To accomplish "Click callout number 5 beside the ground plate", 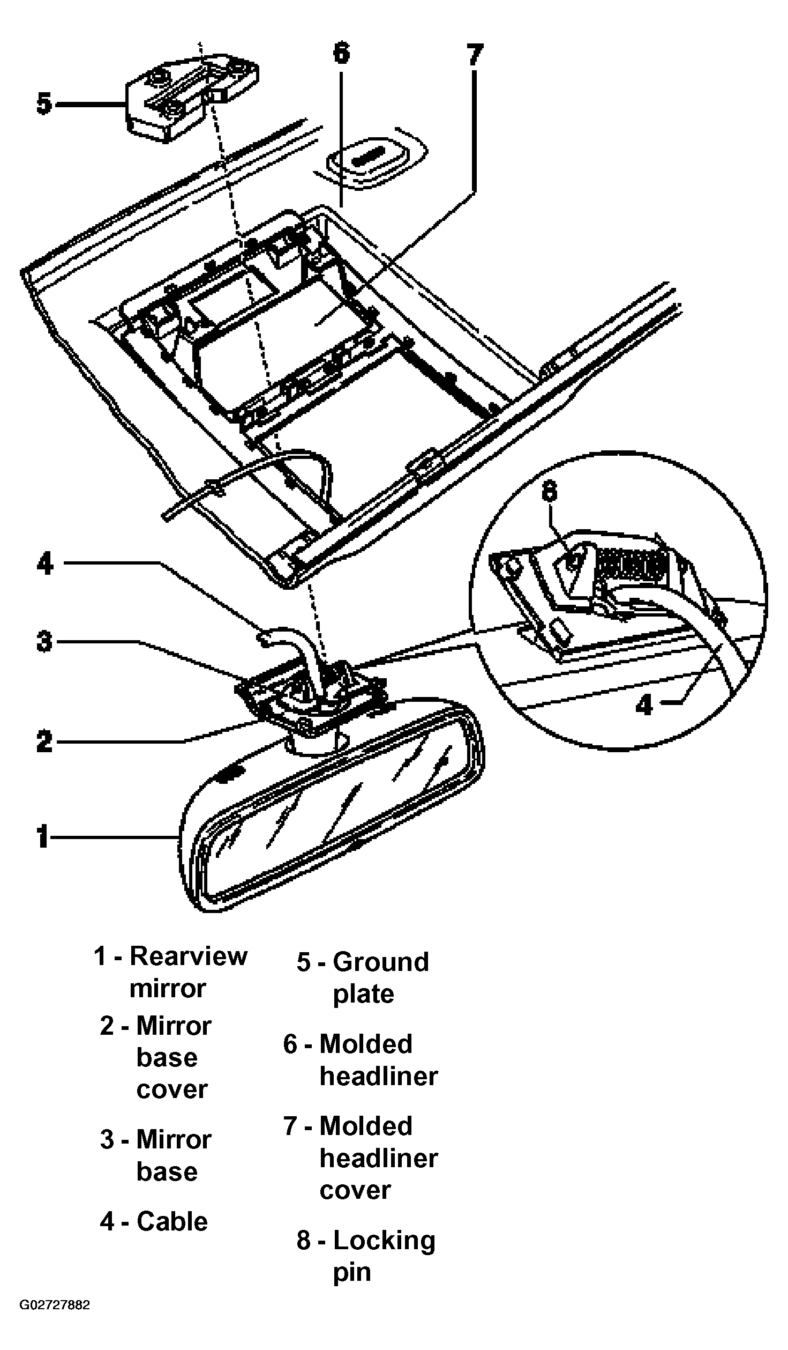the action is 44,103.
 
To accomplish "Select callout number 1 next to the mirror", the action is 42,837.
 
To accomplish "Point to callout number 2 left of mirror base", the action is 45,741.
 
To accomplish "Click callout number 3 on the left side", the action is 45,641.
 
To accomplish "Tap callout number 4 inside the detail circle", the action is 644,704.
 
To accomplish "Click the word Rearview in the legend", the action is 189,956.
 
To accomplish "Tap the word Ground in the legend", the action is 381,962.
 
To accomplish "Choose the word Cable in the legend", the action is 172,1221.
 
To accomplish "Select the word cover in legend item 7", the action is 355,1190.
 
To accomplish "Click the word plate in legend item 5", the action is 364,995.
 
